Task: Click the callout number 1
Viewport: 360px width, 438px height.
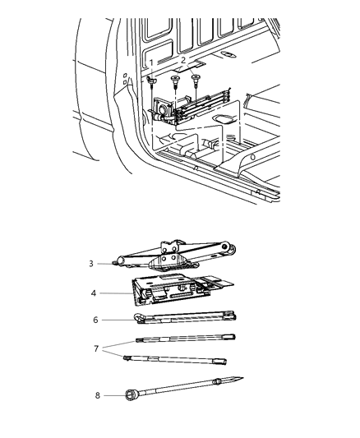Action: click(152, 62)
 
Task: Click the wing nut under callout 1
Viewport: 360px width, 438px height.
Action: click(153, 81)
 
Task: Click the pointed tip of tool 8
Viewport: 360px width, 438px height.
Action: click(242, 378)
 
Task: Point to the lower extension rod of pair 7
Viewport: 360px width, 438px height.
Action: click(177, 362)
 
